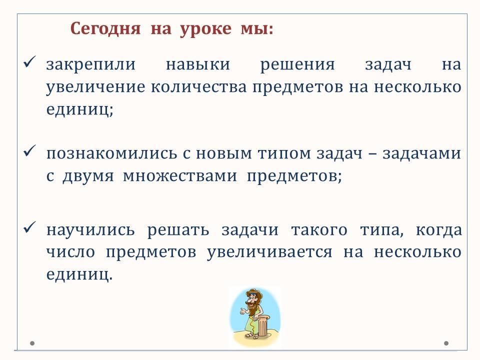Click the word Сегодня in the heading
tap(105, 29)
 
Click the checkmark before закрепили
tap(29, 62)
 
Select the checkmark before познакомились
tap(29, 150)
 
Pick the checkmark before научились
tap(29, 227)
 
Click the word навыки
tap(198, 64)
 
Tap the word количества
tap(198, 87)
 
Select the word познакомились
tap(111, 153)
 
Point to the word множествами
tap(180, 176)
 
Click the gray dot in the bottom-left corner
tap(32, 343)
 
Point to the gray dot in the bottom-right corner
tap(446, 343)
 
